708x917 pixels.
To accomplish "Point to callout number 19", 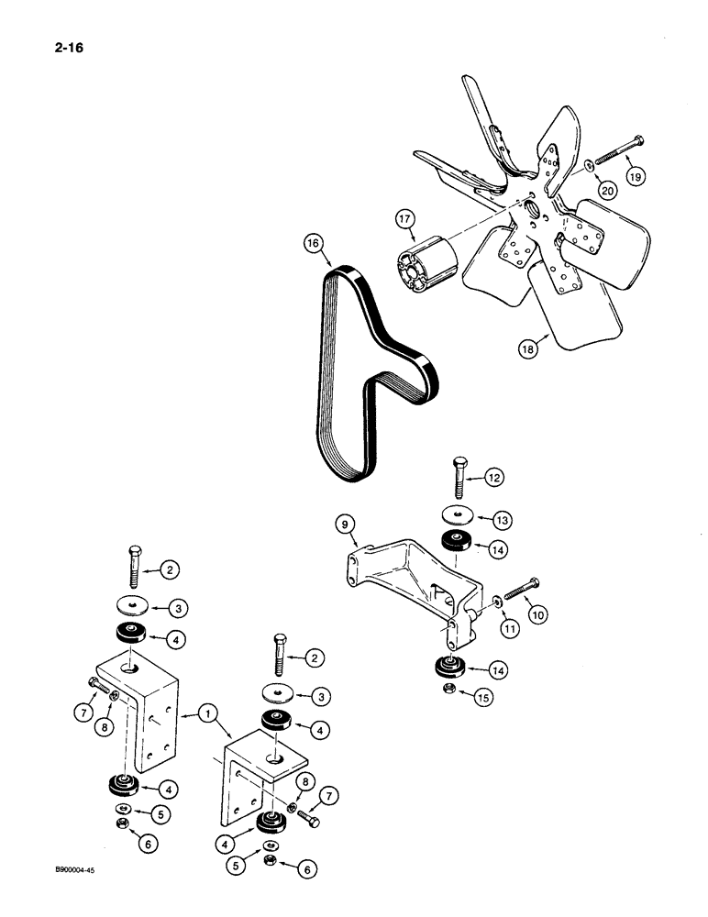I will [x=636, y=175].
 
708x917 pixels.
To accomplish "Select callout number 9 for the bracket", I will [x=339, y=525].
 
